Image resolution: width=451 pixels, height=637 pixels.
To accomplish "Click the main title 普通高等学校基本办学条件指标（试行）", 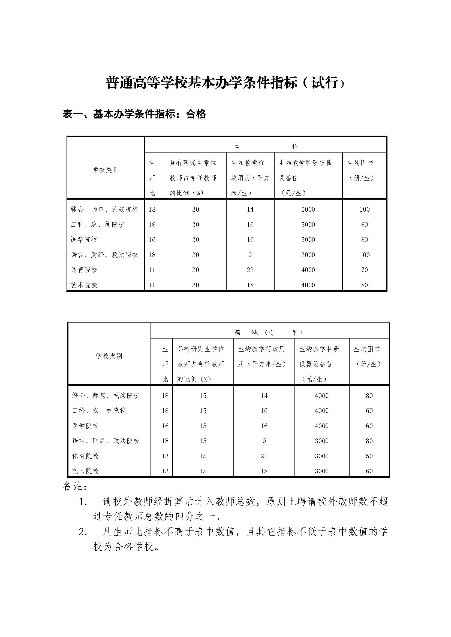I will coord(225,83).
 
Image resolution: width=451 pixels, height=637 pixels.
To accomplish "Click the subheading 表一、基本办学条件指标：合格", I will coord(134,114).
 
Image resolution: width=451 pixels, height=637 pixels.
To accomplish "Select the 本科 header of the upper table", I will coord(265,146).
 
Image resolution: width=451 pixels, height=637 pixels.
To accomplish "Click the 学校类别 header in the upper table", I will coord(106,170).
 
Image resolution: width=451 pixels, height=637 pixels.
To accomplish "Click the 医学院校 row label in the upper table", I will coord(84,239).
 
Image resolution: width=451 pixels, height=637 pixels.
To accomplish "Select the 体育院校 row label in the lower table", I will coord(85,456).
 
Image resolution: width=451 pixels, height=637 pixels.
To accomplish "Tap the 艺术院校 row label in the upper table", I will coord(84,285).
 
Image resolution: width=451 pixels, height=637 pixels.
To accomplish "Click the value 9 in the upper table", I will coord(250,255).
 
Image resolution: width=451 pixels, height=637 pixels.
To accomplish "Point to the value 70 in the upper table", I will coord(364,270).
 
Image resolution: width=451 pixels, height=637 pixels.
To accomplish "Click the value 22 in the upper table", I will coord(250,270).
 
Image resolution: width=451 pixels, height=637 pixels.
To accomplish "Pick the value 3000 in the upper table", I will coord(308,255).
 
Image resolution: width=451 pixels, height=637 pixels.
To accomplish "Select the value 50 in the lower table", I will coord(369,456).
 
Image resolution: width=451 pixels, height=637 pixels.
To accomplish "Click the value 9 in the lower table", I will coord(264,441).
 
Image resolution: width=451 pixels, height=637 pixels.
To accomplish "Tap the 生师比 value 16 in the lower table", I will coord(165,426).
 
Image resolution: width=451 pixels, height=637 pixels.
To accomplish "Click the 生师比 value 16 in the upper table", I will coord(152,239).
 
